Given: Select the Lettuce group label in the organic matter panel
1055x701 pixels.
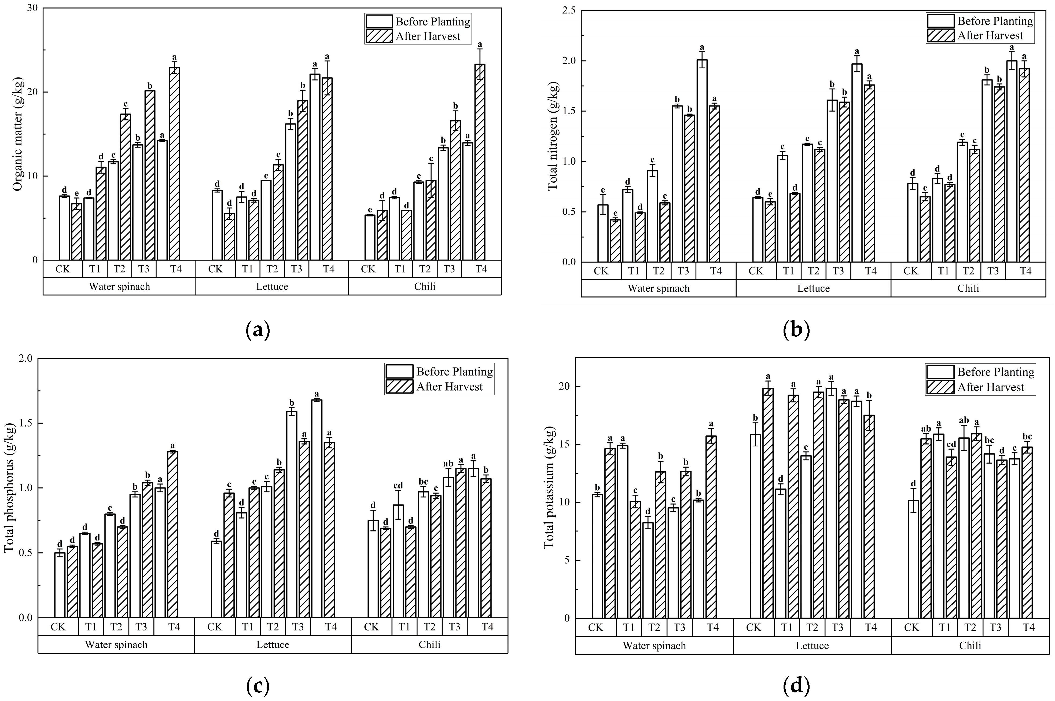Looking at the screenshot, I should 272,287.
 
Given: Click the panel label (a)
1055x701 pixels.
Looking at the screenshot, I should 258,331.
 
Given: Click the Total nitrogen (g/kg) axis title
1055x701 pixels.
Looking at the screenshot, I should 553,137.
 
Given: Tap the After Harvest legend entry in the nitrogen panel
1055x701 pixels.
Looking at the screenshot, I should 990,36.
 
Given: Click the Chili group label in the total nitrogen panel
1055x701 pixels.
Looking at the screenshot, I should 968,288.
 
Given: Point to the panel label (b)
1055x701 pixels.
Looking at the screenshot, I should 796,331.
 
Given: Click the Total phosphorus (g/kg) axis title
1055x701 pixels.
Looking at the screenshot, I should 10,488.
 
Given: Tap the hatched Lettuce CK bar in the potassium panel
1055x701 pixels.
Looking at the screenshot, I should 768,503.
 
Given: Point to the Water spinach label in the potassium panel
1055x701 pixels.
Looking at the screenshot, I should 654,645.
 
